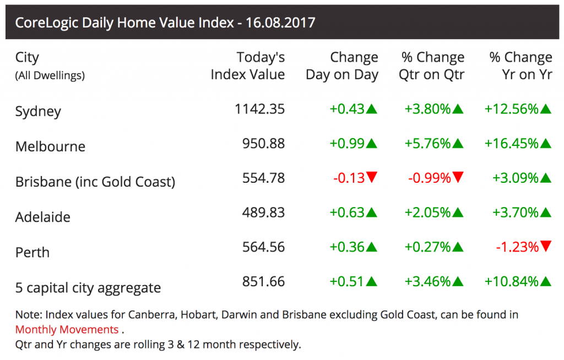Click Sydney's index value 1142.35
(259, 109)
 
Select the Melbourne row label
(50, 146)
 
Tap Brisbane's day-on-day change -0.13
(349, 178)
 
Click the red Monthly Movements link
(67, 330)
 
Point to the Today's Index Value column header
(248, 66)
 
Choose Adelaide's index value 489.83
(263, 212)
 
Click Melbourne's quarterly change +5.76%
(428, 144)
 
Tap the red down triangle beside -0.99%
(458, 177)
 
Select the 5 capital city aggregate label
(88, 287)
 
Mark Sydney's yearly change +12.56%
(511, 109)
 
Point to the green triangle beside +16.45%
(546, 144)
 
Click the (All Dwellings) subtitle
(50, 75)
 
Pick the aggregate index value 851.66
(263, 282)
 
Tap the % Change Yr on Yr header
(520, 66)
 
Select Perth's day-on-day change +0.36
(347, 247)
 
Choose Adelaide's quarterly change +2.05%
(428, 212)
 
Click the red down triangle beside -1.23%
(546, 246)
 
